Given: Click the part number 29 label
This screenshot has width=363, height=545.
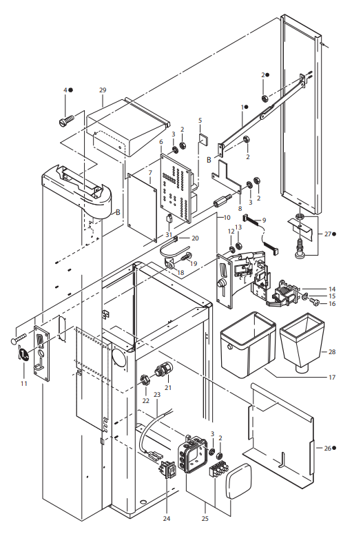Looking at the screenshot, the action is tap(103, 90).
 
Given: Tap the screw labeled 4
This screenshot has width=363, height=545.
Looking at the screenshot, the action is tap(66, 121).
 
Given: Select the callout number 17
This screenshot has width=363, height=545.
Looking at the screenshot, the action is tap(332, 377).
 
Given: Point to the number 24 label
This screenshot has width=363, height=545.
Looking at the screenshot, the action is tap(167, 518).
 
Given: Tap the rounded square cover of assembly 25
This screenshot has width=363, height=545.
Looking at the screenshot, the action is tap(239, 481).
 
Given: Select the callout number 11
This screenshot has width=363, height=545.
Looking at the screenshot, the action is tap(23, 383).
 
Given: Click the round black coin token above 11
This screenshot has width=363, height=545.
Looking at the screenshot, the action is tap(24, 354).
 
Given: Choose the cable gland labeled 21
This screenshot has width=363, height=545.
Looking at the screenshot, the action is tap(163, 369).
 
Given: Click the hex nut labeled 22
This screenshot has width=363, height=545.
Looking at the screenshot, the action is tap(145, 379).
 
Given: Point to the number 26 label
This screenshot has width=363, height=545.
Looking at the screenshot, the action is tap(328, 448).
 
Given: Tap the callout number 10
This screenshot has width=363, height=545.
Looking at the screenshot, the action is tap(227, 218).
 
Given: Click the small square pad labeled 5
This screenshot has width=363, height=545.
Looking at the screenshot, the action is tap(204, 138).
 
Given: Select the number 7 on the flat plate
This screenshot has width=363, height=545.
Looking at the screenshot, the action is tap(150, 172).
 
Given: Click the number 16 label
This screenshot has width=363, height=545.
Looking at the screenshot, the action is tap(332, 303).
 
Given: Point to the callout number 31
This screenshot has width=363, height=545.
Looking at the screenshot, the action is tap(169, 235).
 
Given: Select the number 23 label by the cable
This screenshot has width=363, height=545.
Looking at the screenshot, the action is tap(157, 395).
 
